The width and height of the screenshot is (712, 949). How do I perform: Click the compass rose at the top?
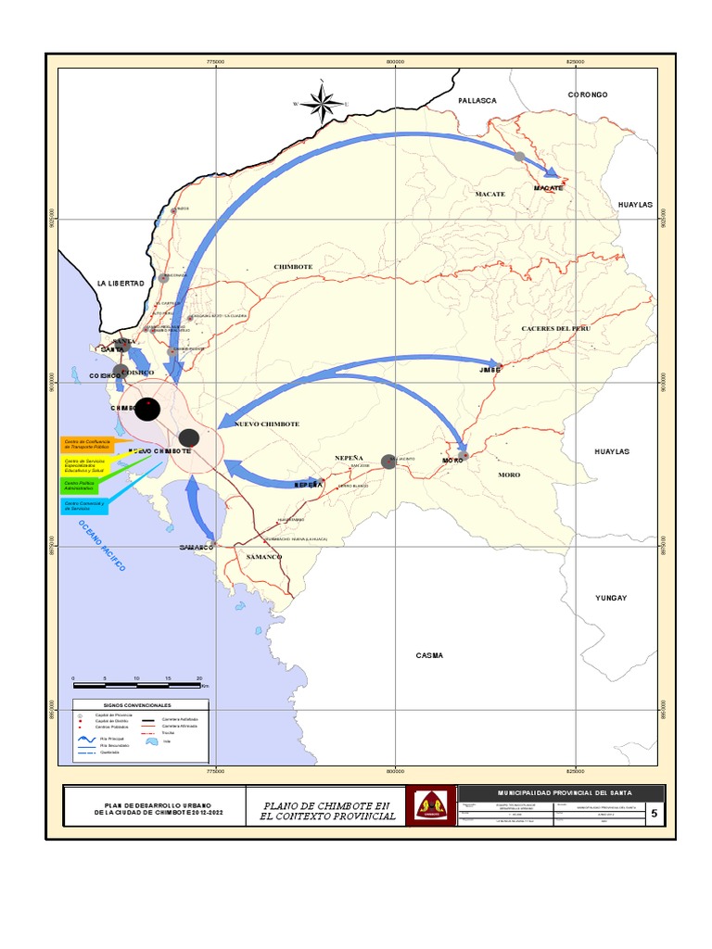click(x=321, y=104)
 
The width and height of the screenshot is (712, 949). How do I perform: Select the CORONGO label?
click(x=587, y=95)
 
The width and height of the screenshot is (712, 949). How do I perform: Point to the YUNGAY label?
click(x=611, y=599)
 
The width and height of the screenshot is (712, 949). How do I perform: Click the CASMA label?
click(x=429, y=655)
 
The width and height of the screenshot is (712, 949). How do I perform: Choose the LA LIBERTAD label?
click(x=121, y=283)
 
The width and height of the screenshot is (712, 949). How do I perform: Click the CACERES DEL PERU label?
click(x=555, y=329)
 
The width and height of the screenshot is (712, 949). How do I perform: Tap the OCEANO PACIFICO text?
click(x=101, y=545)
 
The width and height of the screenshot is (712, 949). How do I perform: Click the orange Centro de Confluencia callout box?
click(x=85, y=445)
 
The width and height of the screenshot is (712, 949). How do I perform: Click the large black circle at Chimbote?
click(x=147, y=409)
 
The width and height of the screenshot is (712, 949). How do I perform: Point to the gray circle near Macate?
click(x=519, y=157)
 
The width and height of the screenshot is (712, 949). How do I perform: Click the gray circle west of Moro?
click(x=388, y=462)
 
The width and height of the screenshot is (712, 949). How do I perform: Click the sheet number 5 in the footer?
click(x=655, y=815)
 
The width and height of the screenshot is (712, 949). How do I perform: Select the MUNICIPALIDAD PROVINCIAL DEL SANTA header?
click(x=561, y=793)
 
